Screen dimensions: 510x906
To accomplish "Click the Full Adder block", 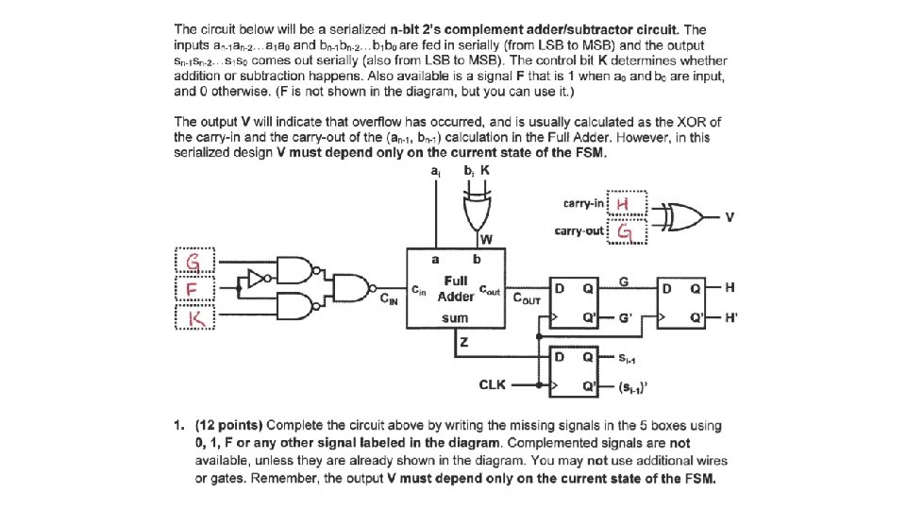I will click(454, 289).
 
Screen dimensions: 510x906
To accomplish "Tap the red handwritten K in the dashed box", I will click(194, 321).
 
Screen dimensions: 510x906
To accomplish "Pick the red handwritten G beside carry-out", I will click(625, 231).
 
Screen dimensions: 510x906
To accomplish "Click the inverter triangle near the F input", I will click(254, 278).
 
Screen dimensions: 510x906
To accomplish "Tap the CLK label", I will click(493, 384).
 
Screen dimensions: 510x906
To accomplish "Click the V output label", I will click(730, 217).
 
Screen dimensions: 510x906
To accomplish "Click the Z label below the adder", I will click(464, 346).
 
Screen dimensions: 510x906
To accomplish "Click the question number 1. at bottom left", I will click(180, 424).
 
